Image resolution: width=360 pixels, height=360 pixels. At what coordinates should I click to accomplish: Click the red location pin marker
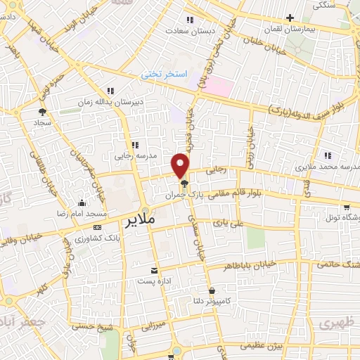181,166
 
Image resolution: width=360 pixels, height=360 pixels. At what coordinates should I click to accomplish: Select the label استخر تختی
162,73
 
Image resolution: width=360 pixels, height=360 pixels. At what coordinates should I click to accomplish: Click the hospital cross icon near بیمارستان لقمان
290,18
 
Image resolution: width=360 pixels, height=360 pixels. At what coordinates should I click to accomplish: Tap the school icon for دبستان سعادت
188,19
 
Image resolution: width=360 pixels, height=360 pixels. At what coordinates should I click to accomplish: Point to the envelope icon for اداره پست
155,271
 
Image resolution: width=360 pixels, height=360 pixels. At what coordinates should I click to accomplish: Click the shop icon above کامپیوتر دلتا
212,290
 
